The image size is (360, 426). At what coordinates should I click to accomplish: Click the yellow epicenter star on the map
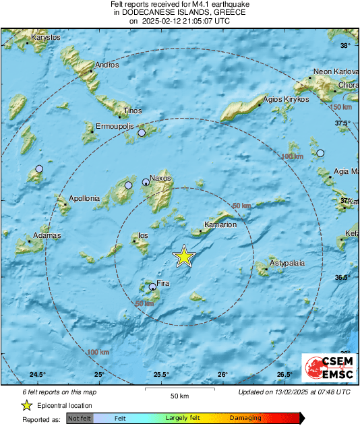(183, 257)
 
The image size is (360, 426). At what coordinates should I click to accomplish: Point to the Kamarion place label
(220, 224)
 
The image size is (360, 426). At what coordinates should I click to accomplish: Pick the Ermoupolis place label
(116, 126)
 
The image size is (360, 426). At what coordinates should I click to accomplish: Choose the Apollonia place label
(84, 198)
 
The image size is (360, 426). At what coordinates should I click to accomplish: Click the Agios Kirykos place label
(287, 99)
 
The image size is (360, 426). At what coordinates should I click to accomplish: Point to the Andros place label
(107, 65)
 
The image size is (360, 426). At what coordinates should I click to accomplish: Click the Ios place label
(143, 236)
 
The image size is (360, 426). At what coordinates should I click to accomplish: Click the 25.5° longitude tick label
(160, 375)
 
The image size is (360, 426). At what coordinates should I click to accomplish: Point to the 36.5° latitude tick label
(344, 277)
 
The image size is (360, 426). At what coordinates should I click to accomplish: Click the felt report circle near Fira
(152, 287)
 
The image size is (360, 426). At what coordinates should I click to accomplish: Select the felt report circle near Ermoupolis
(142, 133)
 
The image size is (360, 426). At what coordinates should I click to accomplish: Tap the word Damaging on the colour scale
(245, 419)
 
